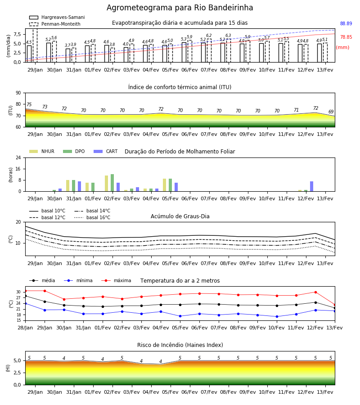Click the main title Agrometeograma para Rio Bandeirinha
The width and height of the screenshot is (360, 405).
coord(180,8)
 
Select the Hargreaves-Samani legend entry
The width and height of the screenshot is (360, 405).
coord(57,17)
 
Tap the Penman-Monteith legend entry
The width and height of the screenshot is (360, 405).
coord(55,24)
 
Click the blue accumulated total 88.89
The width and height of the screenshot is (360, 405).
coord(346,23)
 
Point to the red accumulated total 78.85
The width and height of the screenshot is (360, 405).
coord(346,37)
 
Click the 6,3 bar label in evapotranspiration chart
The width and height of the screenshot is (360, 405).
coord(228,36)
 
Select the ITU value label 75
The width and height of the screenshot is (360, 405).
coord(29,104)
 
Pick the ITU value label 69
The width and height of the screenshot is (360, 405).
coord(331,112)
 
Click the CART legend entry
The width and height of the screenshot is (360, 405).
coord(106,151)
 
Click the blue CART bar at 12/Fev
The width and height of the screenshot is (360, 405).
coord(312,186)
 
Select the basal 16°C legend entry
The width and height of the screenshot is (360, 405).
coord(92,217)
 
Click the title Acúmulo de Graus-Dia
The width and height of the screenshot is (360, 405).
coord(180,216)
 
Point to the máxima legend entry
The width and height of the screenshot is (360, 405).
coord(116,280)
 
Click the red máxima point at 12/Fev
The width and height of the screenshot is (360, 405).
coord(315,292)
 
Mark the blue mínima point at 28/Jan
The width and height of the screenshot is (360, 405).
coord(25,303)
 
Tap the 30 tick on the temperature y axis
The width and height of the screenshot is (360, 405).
coord(18,292)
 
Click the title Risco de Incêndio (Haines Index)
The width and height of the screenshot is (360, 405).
coord(180,345)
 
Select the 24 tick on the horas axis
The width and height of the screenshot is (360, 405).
coord(18,157)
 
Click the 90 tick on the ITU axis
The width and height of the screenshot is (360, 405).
coord(18,93)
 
